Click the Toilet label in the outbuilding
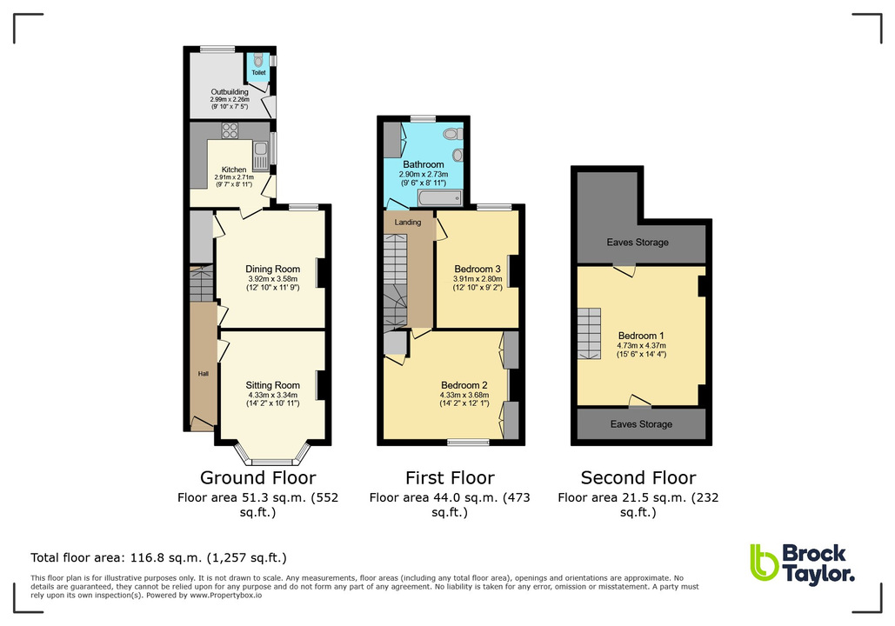258,72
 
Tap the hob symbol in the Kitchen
230,131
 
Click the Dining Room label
272,269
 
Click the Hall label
203,373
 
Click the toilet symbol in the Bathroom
451,134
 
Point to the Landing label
408,223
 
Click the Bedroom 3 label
478,269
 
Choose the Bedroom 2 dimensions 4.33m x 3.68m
464,398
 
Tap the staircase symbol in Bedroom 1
591,334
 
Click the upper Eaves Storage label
638,243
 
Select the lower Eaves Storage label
641,424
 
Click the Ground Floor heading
257,477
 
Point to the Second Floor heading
638,477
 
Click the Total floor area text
158,557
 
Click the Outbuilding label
230,91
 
